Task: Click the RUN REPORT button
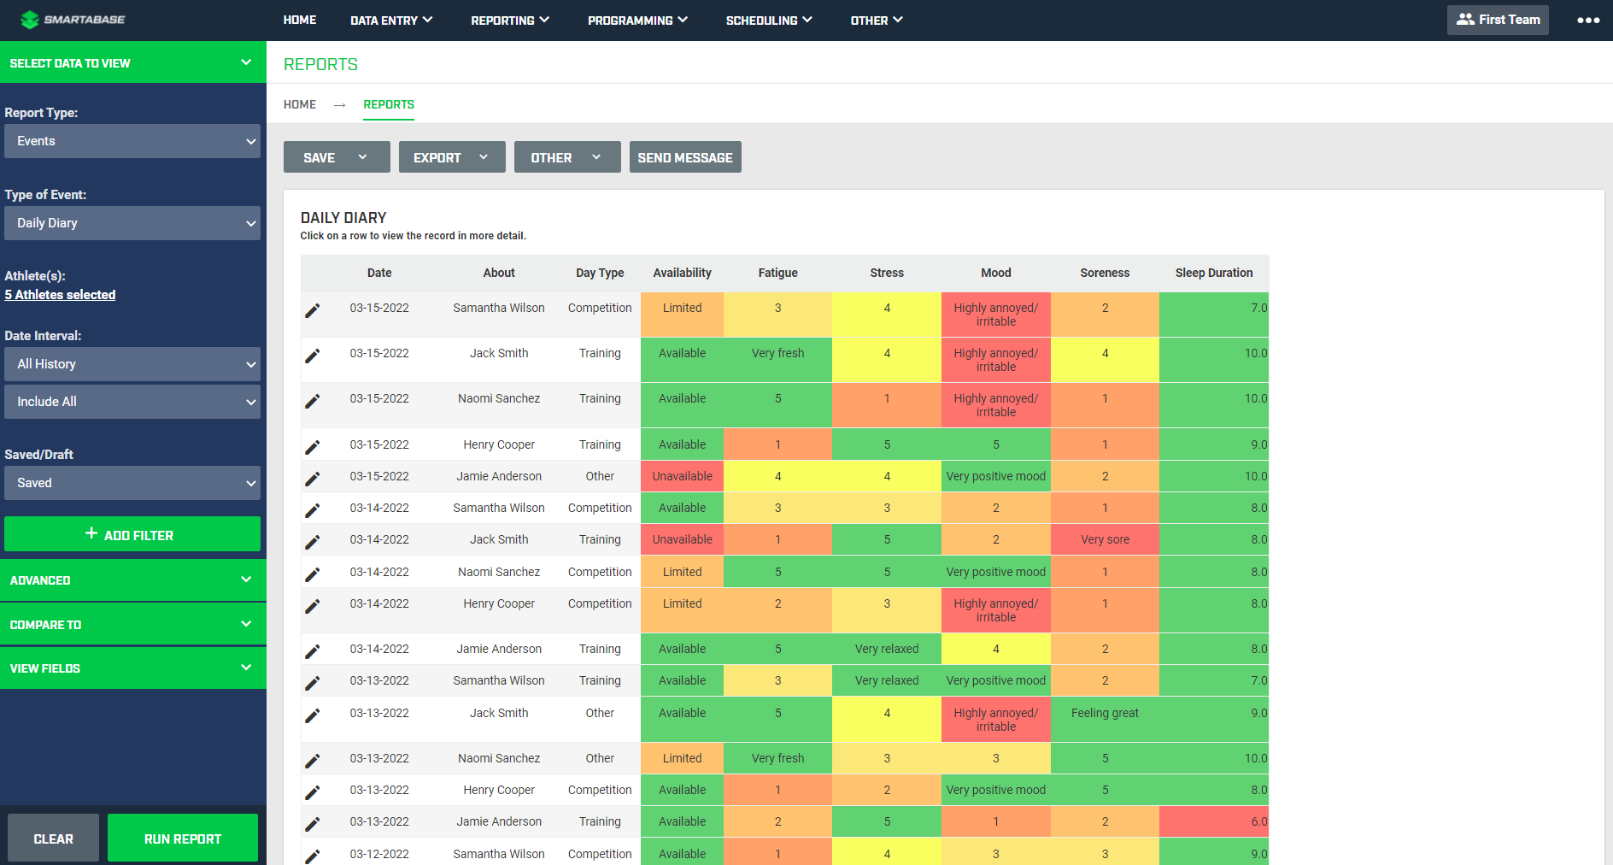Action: tap(182, 839)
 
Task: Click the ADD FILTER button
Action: tap(132, 534)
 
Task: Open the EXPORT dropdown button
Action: tap(451, 157)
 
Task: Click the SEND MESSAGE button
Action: tap(684, 157)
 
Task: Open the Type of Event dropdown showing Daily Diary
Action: tap(132, 223)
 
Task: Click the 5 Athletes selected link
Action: tap(60, 295)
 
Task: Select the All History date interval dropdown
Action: tap(132, 364)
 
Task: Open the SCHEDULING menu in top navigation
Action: tap(768, 20)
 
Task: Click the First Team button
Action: tap(1497, 20)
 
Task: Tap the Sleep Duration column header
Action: tap(1213, 273)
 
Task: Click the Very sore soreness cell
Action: tap(1104, 539)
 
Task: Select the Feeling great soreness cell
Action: tap(1104, 714)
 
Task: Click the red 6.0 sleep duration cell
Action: tap(1213, 821)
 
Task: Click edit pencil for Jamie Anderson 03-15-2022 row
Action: tap(313, 478)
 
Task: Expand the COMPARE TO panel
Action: tap(132, 625)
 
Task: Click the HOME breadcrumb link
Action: tap(300, 104)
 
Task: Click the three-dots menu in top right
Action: tap(1587, 20)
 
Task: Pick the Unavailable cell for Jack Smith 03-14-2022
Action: tap(682, 539)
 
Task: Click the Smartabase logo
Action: tap(73, 19)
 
